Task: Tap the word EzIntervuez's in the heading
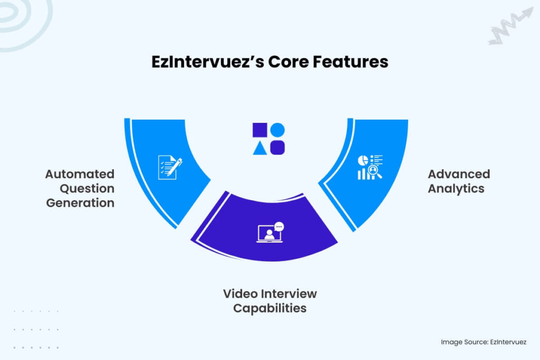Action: pos(207,62)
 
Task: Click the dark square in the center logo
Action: pos(260,130)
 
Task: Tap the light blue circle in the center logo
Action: pos(277,130)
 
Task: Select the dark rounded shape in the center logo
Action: pos(277,148)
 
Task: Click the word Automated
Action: pos(80,174)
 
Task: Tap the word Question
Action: pos(87,188)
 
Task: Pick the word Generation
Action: pos(80,203)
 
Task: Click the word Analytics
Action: pos(456,189)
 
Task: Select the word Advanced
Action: pos(459,174)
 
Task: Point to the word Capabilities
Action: pos(269,308)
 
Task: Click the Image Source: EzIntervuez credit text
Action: pos(484,342)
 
